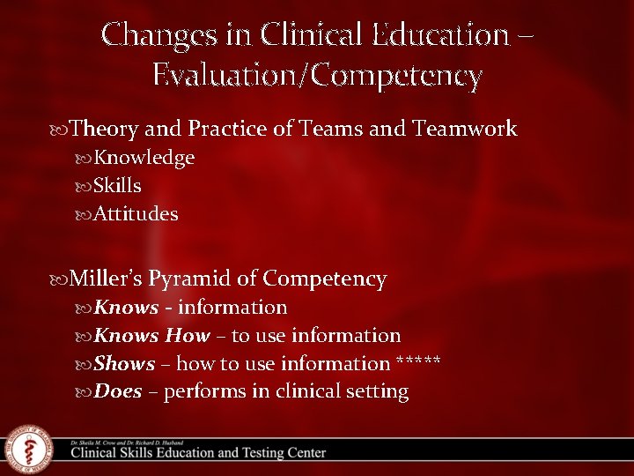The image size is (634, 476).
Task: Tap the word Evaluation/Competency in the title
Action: pyautogui.click(x=317, y=76)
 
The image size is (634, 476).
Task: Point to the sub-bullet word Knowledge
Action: pyautogui.click(x=144, y=158)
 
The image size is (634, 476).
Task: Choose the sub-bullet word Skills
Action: pyautogui.click(x=118, y=186)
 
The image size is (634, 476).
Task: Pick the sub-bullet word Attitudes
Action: pyautogui.click(x=136, y=214)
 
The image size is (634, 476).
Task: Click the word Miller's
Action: pyautogui.click(x=106, y=279)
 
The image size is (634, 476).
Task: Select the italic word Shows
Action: pyautogui.click(x=124, y=363)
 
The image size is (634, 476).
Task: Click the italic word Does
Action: pyautogui.click(x=118, y=391)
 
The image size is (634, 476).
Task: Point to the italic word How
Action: pyautogui.click(x=188, y=335)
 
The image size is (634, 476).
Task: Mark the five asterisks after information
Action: pyautogui.click(x=419, y=362)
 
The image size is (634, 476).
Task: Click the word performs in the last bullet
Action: pyautogui.click(x=204, y=392)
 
